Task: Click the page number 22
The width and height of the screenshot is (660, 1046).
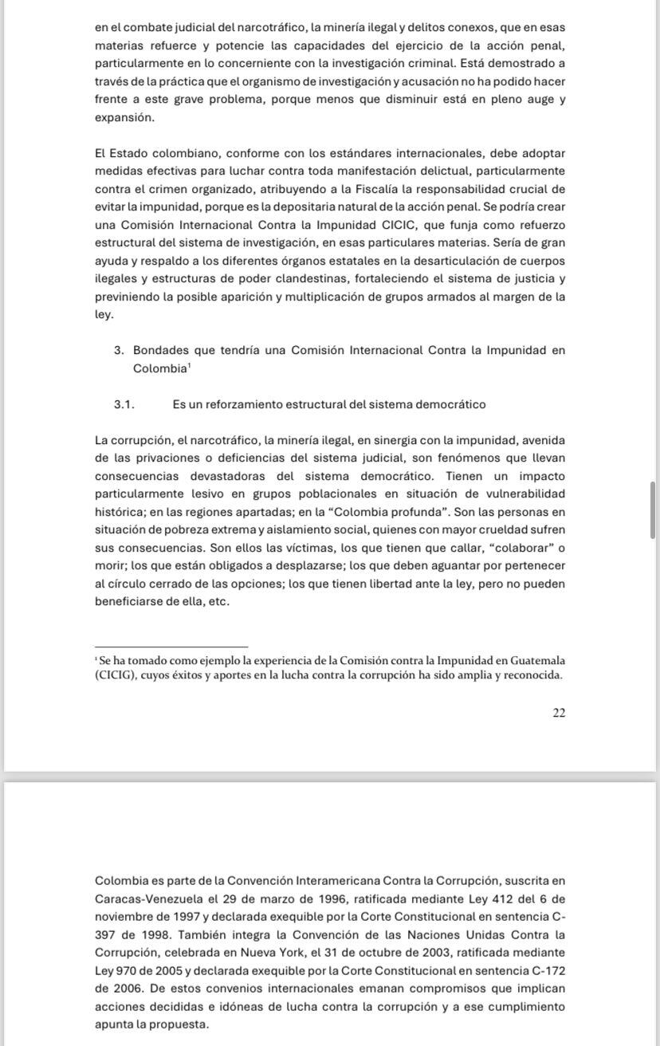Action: [x=559, y=713]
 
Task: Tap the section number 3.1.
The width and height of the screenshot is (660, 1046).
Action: [x=124, y=404]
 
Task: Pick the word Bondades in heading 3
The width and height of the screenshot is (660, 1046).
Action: [x=160, y=350]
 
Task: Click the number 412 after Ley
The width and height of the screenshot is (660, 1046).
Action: [x=475, y=899]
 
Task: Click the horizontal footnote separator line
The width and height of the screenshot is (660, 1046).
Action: [x=171, y=647]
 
